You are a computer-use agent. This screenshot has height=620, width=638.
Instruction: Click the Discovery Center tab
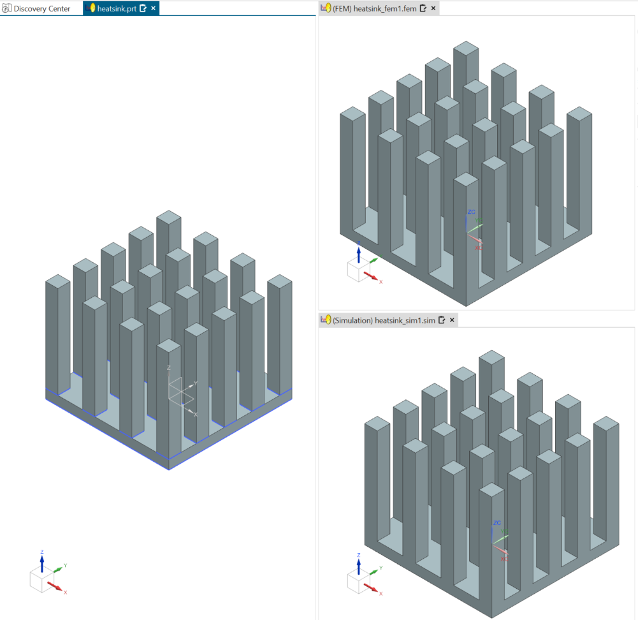pyautogui.click(x=36, y=8)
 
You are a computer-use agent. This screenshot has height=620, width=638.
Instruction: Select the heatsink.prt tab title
pyautogui.click(x=117, y=8)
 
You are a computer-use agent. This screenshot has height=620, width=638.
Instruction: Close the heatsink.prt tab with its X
pyautogui.click(x=154, y=8)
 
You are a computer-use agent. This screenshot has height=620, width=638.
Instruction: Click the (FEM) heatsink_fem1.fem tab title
pyautogui.click(x=374, y=8)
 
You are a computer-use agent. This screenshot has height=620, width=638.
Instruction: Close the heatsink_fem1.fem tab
pyautogui.click(x=433, y=8)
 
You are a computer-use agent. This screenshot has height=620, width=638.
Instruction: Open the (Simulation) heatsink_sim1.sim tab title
pyautogui.click(x=384, y=320)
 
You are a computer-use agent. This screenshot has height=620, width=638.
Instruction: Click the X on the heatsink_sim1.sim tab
pyautogui.click(x=452, y=320)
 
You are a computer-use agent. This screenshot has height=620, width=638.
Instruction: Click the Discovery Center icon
pyautogui.click(x=6, y=8)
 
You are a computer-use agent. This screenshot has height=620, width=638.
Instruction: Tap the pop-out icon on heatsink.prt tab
pyautogui.click(x=143, y=8)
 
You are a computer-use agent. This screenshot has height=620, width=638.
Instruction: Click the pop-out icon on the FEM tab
pyautogui.click(x=423, y=8)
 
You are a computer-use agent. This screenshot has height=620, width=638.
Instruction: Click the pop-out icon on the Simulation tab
pyautogui.click(x=442, y=320)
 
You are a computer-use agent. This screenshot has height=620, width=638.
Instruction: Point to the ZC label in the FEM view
pyautogui.click(x=471, y=212)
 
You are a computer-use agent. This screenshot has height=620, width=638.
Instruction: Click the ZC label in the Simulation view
pyautogui.click(x=497, y=522)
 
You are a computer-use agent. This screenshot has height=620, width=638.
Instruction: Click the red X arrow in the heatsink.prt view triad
pyautogui.click(x=55, y=586)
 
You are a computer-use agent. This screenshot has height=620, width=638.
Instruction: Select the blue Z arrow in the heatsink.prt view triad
pyautogui.click(x=42, y=564)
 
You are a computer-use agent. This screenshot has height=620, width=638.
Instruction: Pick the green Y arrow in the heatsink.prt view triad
pyautogui.click(x=58, y=569)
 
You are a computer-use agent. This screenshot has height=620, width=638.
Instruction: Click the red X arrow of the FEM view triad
pyautogui.click(x=371, y=276)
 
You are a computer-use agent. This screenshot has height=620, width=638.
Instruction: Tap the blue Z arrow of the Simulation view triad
pyautogui.click(x=358, y=566)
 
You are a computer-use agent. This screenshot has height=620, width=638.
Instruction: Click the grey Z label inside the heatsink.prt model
pyautogui.click(x=168, y=367)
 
